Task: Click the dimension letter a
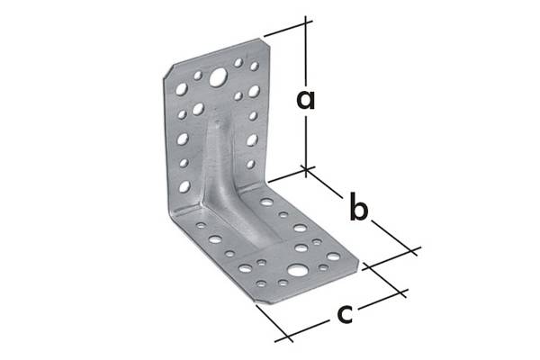(x=306, y=99)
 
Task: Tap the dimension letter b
(x=358, y=207)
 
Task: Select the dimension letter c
(x=345, y=314)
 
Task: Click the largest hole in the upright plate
(x=218, y=77)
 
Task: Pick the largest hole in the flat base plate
(x=298, y=270)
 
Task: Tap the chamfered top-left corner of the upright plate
(x=168, y=71)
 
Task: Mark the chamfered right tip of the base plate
(x=358, y=264)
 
